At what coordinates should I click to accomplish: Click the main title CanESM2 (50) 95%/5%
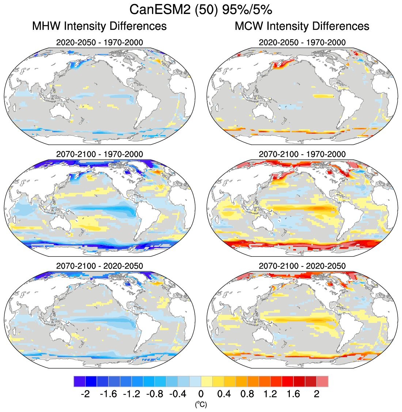(x=201, y=9)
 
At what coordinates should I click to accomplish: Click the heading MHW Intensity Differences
(x=99, y=26)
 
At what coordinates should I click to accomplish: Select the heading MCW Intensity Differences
(x=302, y=26)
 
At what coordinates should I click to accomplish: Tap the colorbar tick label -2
(x=85, y=394)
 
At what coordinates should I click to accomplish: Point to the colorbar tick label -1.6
(x=108, y=394)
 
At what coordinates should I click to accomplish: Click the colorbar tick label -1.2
(x=131, y=394)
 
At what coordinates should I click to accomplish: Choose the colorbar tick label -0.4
(x=178, y=394)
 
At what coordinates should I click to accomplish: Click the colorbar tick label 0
(x=201, y=394)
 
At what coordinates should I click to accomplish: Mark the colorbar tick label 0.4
(x=224, y=394)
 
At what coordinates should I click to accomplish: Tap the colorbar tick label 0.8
(x=247, y=394)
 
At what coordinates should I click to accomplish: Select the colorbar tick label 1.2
(x=270, y=394)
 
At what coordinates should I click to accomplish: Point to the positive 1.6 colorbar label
(x=293, y=394)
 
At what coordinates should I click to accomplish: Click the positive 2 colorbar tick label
(x=316, y=394)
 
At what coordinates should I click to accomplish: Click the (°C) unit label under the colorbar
(x=201, y=404)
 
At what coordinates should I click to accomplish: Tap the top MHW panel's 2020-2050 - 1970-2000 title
(x=99, y=42)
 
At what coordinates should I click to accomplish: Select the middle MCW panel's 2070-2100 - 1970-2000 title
(x=302, y=154)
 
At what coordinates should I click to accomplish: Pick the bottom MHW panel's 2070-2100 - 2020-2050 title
(x=99, y=266)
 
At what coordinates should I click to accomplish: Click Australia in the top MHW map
(x=60, y=111)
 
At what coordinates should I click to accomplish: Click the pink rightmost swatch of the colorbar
(x=322, y=381)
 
